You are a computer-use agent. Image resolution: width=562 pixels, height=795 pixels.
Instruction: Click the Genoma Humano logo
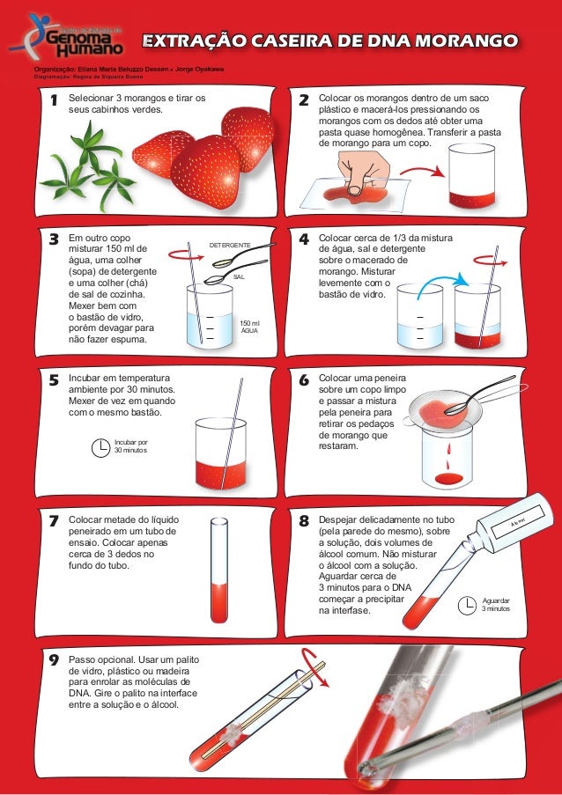point(67,35)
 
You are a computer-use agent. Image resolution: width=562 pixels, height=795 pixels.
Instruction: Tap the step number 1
point(54,100)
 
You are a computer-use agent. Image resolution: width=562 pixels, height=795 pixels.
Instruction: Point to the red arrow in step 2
point(426,171)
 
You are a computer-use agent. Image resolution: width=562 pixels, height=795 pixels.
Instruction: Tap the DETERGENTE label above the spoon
point(230,246)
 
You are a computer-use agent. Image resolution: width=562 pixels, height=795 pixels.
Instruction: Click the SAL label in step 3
point(239,277)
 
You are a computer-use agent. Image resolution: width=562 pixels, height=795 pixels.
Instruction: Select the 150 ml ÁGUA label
point(249,327)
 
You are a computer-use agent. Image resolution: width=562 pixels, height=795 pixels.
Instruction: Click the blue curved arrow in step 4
point(440,279)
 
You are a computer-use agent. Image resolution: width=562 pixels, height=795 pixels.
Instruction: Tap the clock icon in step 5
point(100,448)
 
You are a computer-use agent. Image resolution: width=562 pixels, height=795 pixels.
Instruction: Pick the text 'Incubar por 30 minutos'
point(131,446)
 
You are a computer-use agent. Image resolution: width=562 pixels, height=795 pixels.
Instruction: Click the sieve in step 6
point(441,409)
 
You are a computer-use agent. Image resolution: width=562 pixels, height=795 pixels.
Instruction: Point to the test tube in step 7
point(219,570)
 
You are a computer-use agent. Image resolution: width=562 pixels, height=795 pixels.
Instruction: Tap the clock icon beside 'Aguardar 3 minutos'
point(467,605)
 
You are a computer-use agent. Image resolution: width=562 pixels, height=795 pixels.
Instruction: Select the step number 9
point(54,660)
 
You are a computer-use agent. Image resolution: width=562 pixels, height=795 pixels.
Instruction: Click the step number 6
point(304,379)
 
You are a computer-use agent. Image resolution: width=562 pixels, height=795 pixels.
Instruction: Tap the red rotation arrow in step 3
point(186,255)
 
